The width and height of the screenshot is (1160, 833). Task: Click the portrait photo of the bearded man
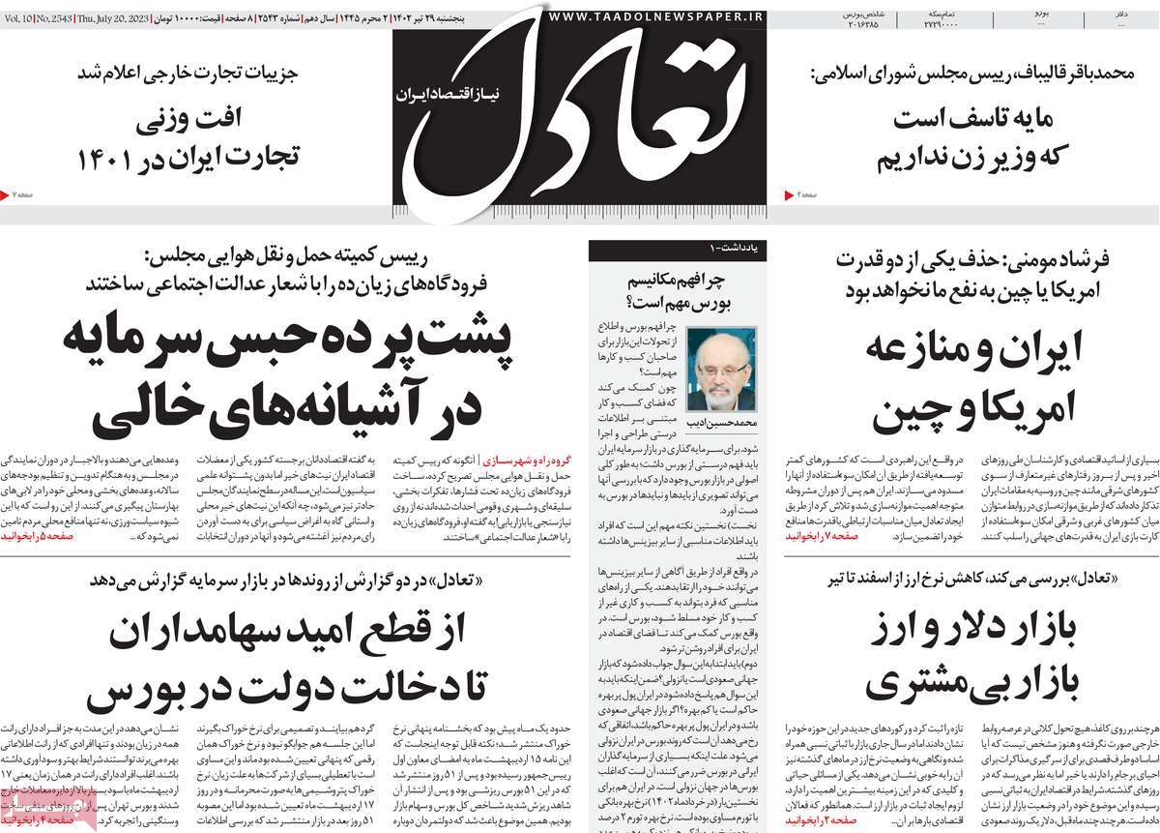(717, 369)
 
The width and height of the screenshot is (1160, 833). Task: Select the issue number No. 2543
(59, 17)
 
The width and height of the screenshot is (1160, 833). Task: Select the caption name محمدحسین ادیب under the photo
(718, 425)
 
